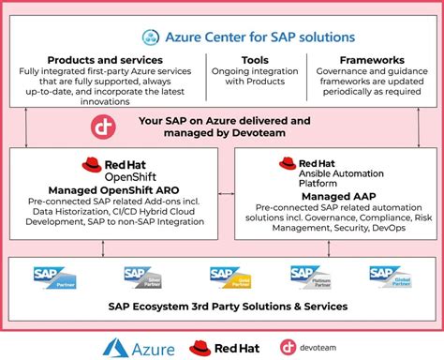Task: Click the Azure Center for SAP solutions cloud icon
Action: [152, 37]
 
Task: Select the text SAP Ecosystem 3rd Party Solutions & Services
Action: [222, 307]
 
